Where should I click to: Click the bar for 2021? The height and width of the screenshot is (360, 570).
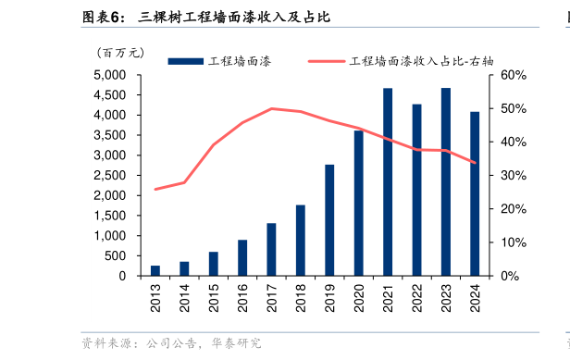tap(388, 182)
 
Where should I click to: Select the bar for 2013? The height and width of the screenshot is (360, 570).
tap(155, 270)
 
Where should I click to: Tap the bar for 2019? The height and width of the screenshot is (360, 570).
tap(329, 220)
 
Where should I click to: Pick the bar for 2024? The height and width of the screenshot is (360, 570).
tap(475, 193)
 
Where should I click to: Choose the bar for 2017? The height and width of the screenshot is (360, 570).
tap(271, 249)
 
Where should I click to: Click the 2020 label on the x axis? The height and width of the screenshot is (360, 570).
tap(359, 296)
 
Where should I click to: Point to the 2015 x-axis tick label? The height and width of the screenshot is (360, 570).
tap(214, 296)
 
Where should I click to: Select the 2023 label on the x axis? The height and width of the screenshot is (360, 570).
tap(446, 296)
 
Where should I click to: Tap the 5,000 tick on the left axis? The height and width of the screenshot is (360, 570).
tap(111, 75)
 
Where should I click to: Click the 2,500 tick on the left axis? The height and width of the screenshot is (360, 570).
tap(111, 175)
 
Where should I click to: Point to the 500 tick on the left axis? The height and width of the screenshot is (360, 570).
tap(118, 255)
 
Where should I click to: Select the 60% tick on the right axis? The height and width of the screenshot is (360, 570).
tap(514, 75)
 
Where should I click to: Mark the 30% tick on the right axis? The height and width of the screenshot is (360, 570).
tap(514, 176)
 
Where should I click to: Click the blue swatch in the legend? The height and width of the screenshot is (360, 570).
tap(185, 61)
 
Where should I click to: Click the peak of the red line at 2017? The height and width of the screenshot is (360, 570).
tap(271, 108)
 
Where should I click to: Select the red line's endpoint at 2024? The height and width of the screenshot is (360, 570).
tap(475, 163)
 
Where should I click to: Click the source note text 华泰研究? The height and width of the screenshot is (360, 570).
tap(236, 344)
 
